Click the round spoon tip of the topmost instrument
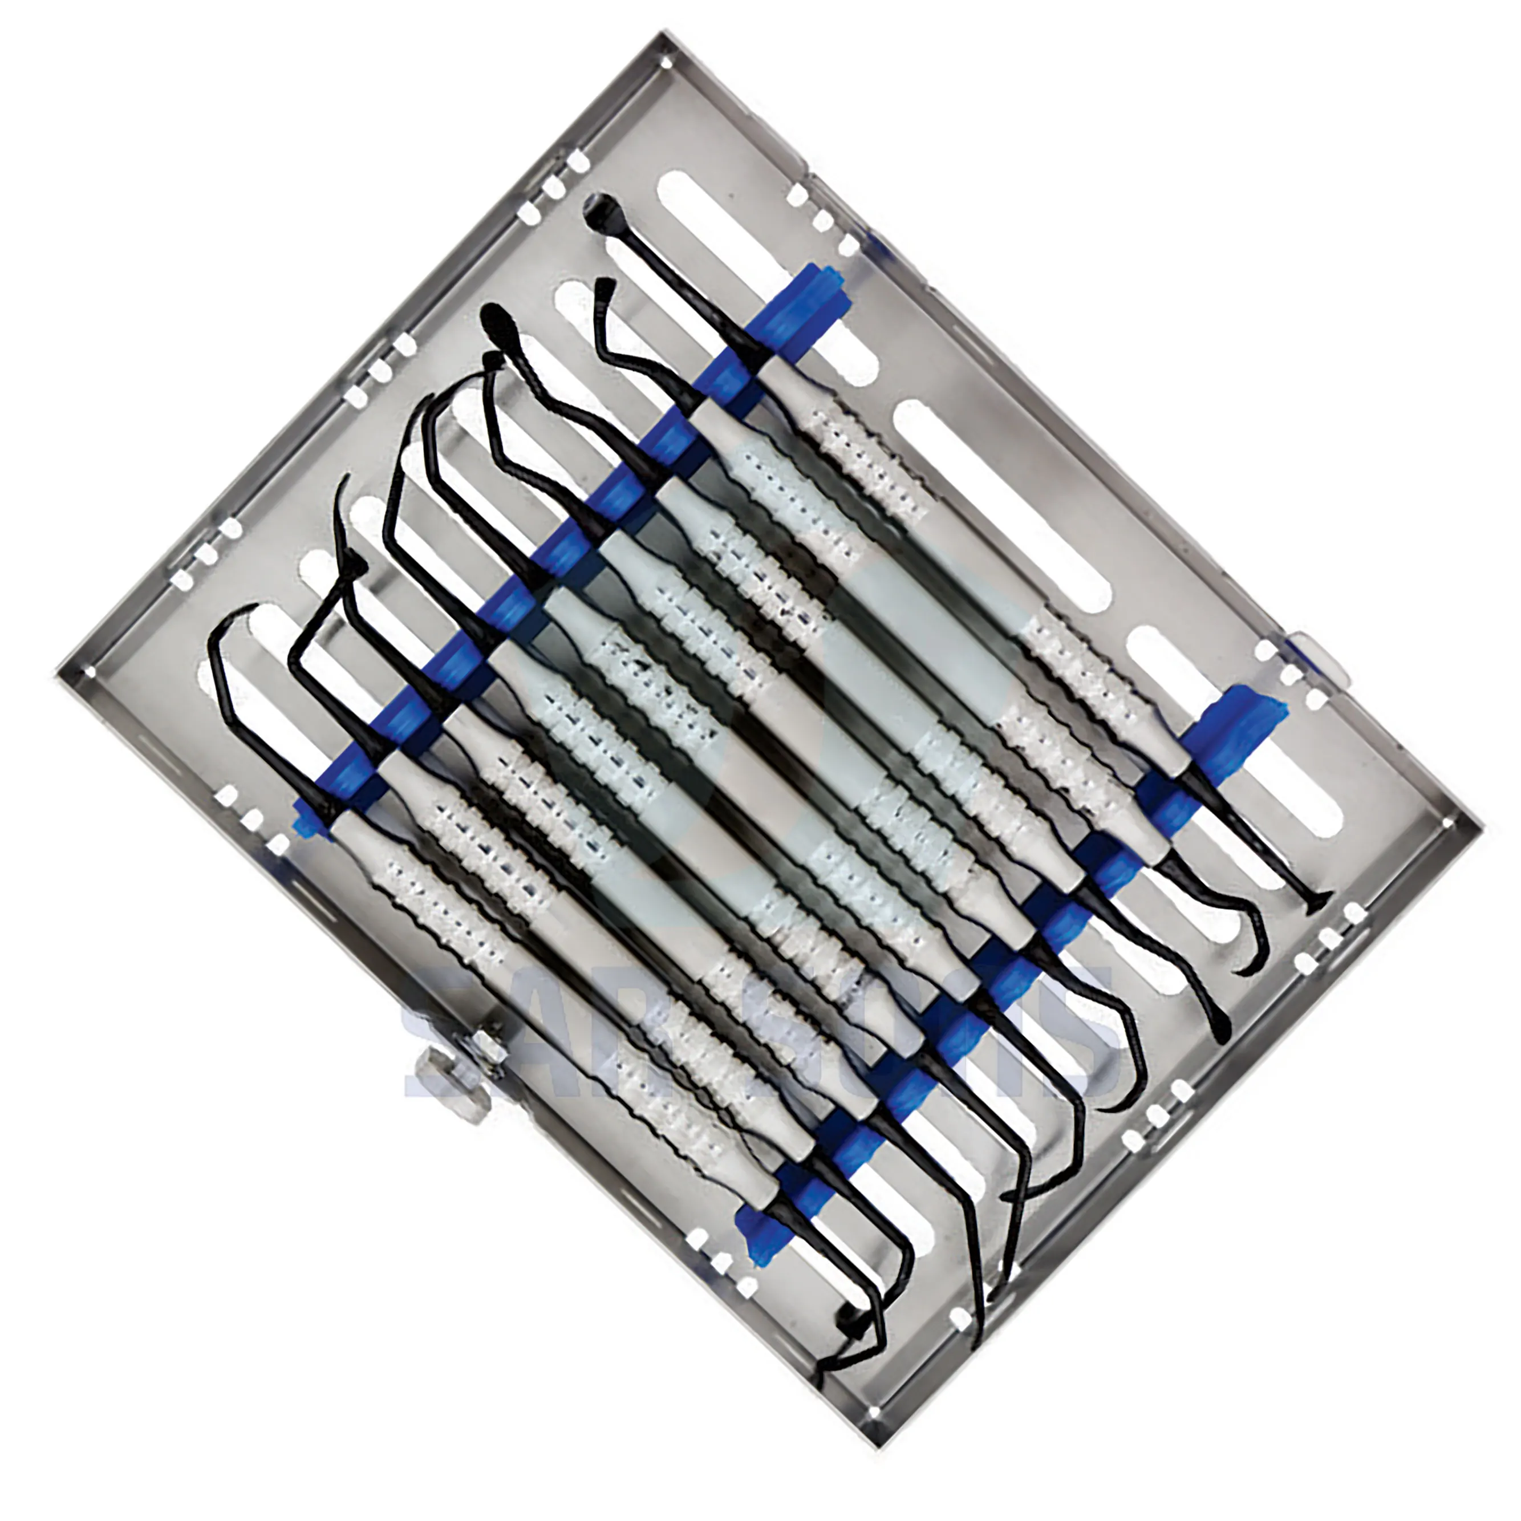tap(600, 209)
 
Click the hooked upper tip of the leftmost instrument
tap(228, 622)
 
